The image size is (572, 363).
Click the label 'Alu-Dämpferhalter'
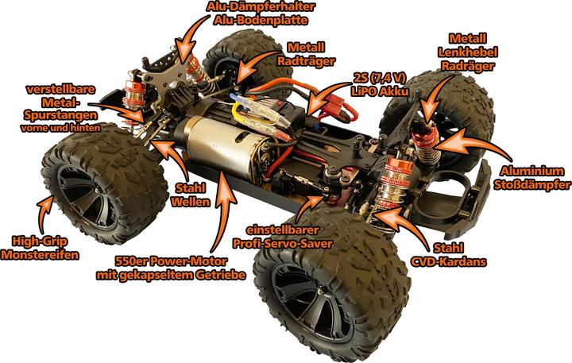pyautogui.click(x=261, y=6)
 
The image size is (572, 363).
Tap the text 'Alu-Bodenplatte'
pyautogui.click(x=261, y=20)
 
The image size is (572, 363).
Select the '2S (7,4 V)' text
pyautogui.click(x=380, y=77)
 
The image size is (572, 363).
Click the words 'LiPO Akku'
pyautogui.click(x=380, y=91)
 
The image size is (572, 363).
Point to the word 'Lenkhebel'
pyautogui.click(x=468, y=52)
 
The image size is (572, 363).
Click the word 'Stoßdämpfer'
pyautogui.click(x=532, y=184)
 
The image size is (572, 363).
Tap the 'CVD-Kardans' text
pyautogui.click(x=449, y=261)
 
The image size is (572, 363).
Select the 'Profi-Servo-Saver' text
pyautogui.click(x=282, y=243)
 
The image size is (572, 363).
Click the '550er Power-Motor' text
pyautogui.click(x=171, y=261)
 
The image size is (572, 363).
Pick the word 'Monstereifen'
pyautogui.click(x=40, y=255)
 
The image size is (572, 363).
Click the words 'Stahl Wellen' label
pyautogui.click(x=191, y=195)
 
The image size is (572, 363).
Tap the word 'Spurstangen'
pyautogui.click(x=60, y=115)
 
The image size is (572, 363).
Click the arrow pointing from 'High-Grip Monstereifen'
pyautogui.click(x=44, y=214)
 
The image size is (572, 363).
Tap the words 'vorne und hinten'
pyautogui.click(x=60, y=128)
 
